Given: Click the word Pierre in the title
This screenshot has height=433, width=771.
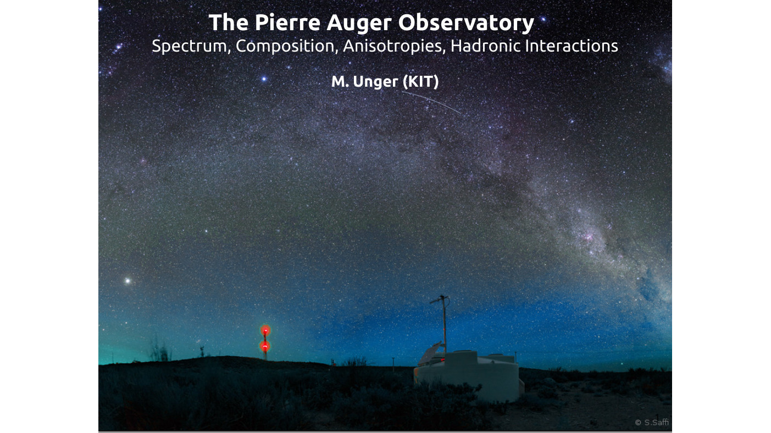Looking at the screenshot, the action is tap(287, 23).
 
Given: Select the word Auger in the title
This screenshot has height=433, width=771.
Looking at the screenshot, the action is tap(359, 24).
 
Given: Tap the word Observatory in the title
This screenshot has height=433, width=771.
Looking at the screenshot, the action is tap(466, 24).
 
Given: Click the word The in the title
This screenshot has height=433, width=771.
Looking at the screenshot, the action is tap(228, 23).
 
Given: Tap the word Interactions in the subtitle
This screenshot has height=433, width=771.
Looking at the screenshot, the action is tap(572, 46).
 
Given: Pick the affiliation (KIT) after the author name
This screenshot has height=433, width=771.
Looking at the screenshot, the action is tap(420, 82).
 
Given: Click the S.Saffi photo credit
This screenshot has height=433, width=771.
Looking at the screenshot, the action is tap(652, 423).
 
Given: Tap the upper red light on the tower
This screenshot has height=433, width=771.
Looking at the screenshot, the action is tap(265, 330).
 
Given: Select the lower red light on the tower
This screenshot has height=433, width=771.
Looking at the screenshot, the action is tap(265, 346).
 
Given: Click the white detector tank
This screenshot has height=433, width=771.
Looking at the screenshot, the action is tap(469, 376).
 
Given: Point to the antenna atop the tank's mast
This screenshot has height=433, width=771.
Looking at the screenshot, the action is tap(440, 300).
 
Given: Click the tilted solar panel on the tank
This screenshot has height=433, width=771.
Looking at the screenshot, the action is tap(429, 353).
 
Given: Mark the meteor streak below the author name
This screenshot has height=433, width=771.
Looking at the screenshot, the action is tap(431, 102).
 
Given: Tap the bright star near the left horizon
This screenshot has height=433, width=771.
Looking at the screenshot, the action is tap(127, 281).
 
